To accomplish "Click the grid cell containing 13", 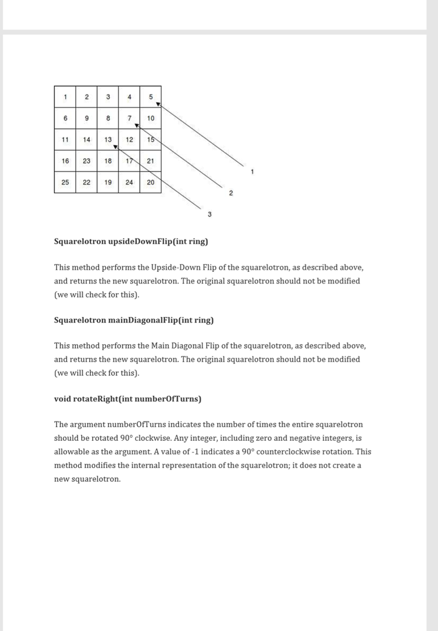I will click(108, 140).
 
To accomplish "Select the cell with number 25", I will click(65, 183).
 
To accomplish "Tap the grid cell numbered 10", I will click(150, 118).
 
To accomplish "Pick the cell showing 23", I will click(87, 161).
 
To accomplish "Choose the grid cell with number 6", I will click(65, 118).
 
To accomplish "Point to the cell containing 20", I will click(150, 183).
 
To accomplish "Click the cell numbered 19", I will click(108, 183).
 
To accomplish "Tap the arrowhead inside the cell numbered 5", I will click(158, 104).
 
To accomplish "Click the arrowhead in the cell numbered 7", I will click(137, 126).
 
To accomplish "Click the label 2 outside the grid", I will click(230, 193).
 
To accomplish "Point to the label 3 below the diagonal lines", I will click(209, 215).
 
